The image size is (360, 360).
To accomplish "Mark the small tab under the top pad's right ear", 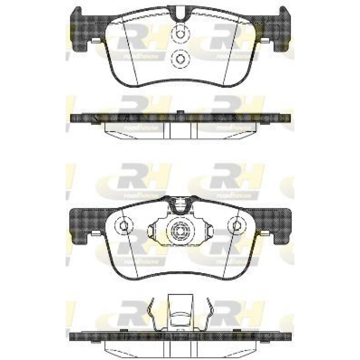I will pyautogui.click(x=265, y=40).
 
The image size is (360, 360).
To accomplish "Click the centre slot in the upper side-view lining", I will pyautogui.click(x=180, y=129).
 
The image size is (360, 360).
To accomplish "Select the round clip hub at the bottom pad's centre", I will pyautogui.click(x=180, y=231).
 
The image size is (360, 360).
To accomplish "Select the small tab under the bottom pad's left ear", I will pyautogui.click(x=96, y=233).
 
